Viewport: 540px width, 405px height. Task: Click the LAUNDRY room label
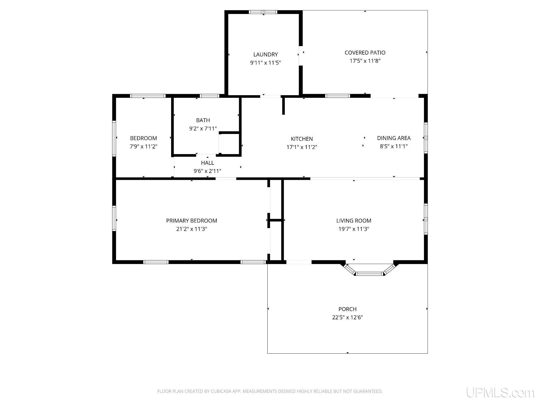pos(266,55)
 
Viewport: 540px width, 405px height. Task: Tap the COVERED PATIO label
pos(365,53)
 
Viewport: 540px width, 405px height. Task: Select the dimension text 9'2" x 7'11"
pos(203,129)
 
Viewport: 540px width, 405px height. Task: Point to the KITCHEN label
pos(302,139)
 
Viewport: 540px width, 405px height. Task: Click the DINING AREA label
pos(394,138)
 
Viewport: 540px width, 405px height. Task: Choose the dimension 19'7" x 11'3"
pos(354,229)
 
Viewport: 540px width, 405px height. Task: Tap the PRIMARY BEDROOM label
pos(192,221)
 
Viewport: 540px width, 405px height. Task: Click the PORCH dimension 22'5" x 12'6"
pos(348,317)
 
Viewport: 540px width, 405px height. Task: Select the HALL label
pos(208,163)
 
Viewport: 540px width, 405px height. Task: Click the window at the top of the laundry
pos(263,12)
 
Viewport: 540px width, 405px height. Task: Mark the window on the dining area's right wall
pos(426,138)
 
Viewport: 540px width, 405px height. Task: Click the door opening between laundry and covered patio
pos(301,56)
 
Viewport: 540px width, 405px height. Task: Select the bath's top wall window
pos(210,96)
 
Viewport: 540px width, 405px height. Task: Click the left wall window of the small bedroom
pos(114,138)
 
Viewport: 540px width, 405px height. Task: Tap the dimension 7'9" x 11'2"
pos(143,147)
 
